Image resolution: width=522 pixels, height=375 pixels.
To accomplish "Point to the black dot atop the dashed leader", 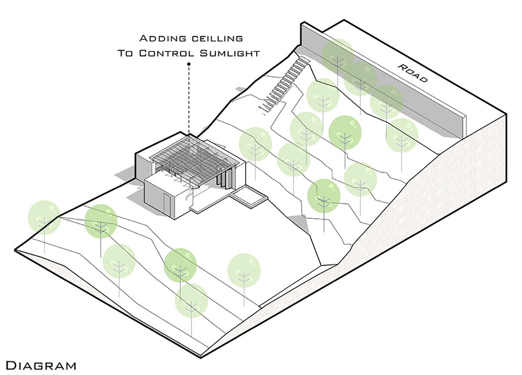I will (189, 64).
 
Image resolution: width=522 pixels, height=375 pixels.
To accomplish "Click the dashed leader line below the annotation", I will (189, 100).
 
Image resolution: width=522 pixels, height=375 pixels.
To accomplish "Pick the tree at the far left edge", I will (44, 216).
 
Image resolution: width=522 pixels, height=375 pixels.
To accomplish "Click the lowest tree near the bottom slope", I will (191, 300).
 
